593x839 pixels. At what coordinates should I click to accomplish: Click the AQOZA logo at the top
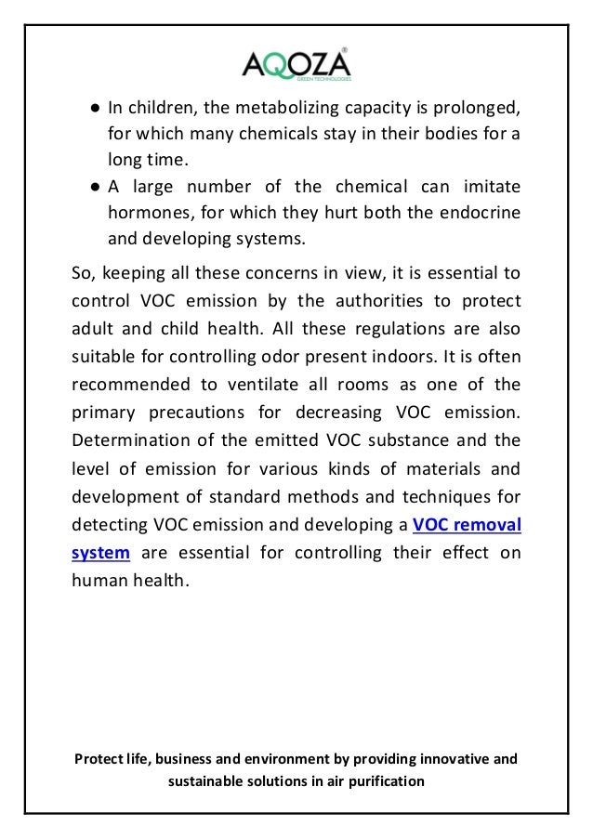296,64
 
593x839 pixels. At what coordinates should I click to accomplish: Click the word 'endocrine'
479,213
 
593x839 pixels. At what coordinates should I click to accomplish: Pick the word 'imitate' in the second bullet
488,188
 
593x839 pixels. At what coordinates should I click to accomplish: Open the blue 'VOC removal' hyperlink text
466,525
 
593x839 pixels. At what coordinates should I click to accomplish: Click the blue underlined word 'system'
99,554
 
